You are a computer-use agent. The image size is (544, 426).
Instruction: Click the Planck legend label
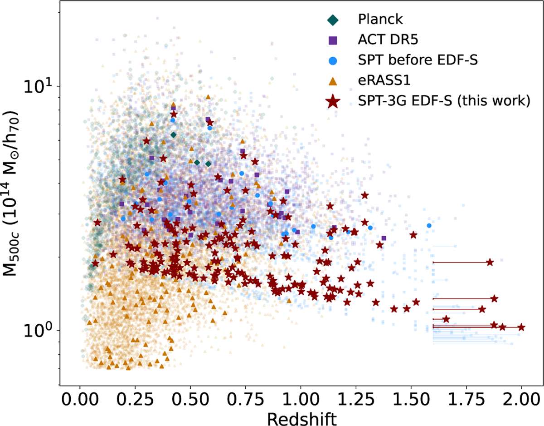(380, 19)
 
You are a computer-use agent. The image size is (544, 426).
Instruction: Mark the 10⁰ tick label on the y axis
(41, 330)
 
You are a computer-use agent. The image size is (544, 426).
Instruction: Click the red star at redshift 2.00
(521, 327)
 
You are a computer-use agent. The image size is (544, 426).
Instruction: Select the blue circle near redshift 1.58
(429, 225)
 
